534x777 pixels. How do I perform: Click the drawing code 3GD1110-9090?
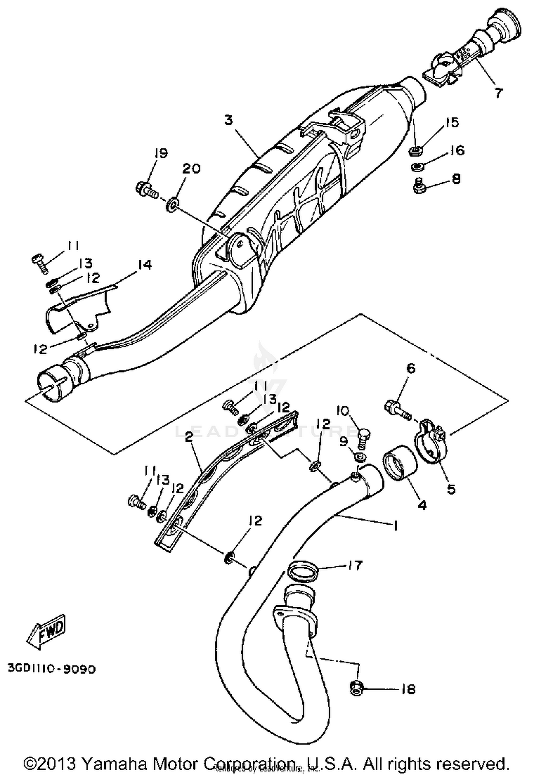(52, 669)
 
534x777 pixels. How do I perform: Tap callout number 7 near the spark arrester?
(498, 93)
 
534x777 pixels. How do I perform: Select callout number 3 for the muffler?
(229, 120)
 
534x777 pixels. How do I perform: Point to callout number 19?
(161, 153)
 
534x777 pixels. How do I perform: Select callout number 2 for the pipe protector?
(189, 437)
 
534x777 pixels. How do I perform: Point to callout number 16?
(457, 150)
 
